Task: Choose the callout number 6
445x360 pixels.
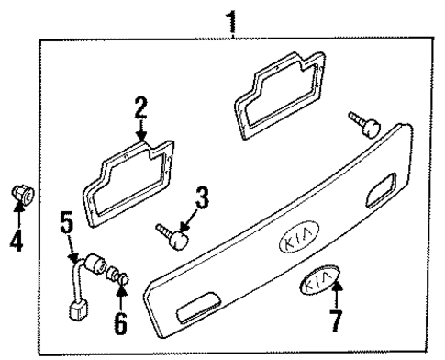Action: click(x=121, y=323)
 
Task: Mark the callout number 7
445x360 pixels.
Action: click(x=337, y=322)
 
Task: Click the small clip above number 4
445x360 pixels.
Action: click(x=22, y=195)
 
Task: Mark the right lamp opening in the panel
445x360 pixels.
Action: click(x=378, y=196)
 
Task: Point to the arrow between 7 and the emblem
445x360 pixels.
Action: click(x=337, y=298)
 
